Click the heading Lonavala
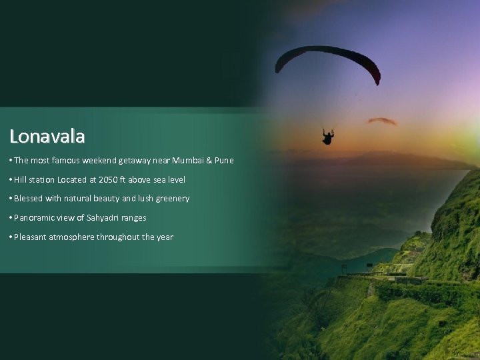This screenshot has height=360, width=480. [x=47, y=137]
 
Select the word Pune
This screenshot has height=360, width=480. [x=224, y=161]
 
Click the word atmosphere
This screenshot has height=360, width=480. [x=72, y=237]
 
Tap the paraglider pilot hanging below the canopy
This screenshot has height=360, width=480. [x=327, y=137]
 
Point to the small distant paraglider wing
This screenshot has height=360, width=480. [x=381, y=121]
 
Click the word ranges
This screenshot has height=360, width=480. [x=133, y=218]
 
